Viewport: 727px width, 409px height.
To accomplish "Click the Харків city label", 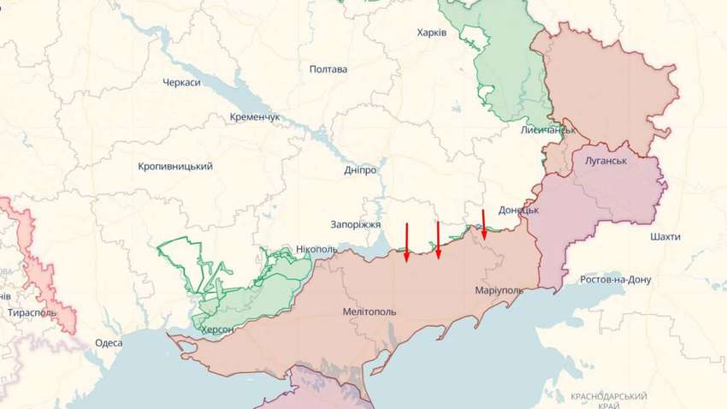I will tap(431, 32).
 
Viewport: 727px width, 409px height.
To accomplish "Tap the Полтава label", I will tap(328, 69).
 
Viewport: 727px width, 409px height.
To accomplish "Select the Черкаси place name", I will tap(181, 82).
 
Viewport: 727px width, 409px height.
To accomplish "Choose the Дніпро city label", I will tap(360, 170).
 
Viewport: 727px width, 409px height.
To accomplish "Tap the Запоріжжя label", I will tap(355, 224).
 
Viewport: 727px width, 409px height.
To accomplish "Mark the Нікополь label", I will tap(316, 249).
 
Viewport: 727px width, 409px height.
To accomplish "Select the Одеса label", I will tap(109, 342).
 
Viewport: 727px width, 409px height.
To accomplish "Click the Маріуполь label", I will tap(499, 291).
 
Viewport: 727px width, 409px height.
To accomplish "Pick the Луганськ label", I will tap(607, 161).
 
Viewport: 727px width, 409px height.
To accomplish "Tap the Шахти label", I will tap(665, 235).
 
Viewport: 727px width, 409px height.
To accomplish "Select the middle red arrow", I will tap(438, 240).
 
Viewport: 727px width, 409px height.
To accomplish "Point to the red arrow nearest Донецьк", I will tap(484, 225).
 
